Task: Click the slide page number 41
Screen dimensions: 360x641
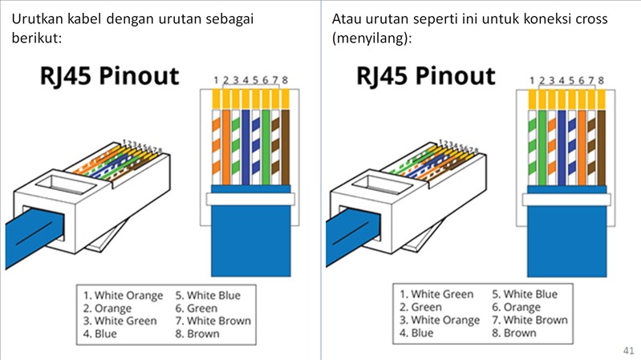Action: pyautogui.click(x=627, y=350)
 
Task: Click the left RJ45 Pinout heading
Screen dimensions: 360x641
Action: pyautogui.click(x=109, y=77)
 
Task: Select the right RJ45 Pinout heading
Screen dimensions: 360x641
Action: pyautogui.click(x=426, y=77)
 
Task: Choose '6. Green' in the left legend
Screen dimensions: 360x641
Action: pyautogui.click(x=196, y=309)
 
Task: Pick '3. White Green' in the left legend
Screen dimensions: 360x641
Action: pyautogui.click(x=120, y=321)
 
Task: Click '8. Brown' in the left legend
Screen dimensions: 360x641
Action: pyautogui.click(x=197, y=334)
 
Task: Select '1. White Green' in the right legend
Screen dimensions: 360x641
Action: pyautogui.click(x=436, y=295)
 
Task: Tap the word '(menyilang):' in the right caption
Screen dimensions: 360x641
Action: pyautogui.click(x=370, y=38)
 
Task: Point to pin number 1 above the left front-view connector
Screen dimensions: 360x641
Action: pyautogui.click(x=217, y=80)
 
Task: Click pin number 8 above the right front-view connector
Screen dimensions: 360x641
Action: pyautogui.click(x=601, y=80)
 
